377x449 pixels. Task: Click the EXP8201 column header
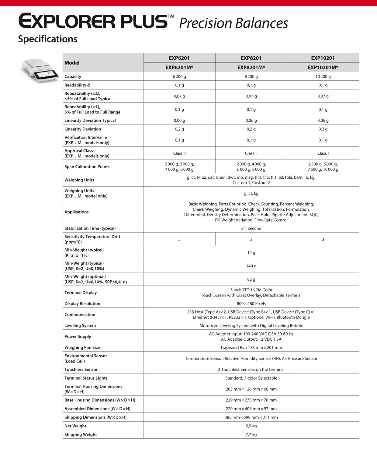point(251,58)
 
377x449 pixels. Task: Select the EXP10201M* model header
point(323,68)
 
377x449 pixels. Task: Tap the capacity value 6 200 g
point(179,77)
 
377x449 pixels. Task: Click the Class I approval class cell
point(323,153)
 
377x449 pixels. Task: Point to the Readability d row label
point(77,85)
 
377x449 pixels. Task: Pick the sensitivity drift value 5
point(179,240)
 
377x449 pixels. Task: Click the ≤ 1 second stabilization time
point(251,228)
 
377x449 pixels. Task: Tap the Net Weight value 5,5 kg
point(251,426)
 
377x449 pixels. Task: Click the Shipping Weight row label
point(81,435)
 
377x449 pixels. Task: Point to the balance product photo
point(40,70)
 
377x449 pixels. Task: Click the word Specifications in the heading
point(48,39)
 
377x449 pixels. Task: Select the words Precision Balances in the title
point(233,23)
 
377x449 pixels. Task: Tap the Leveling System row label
point(80,326)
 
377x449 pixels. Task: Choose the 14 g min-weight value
point(251,253)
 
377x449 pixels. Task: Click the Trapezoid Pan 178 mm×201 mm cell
point(251,348)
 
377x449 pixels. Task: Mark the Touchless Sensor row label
point(81,370)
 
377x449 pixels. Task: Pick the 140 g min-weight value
point(251,266)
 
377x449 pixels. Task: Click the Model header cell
point(72,63)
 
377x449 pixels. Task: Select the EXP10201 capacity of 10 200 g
point(323,77)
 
